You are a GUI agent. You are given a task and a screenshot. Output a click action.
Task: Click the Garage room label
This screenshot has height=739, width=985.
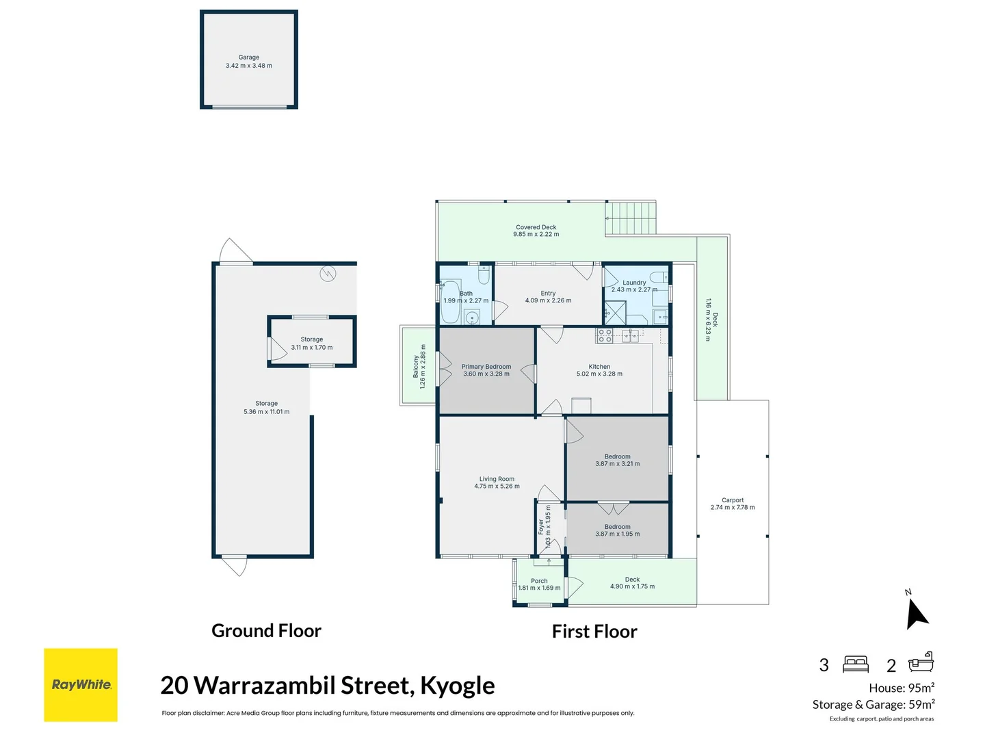pos(249,57)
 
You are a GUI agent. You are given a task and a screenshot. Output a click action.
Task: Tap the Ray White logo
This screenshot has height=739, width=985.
pos(81,684)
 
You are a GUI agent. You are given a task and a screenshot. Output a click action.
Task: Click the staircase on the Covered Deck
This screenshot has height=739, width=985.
pos(631,218)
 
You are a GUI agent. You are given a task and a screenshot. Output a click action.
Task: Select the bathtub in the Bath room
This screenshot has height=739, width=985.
pos(450,302)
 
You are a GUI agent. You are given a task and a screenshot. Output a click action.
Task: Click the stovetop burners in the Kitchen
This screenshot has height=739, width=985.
pos(605,335)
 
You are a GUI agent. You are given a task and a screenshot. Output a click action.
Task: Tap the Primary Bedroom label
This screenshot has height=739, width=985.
pos(486,367)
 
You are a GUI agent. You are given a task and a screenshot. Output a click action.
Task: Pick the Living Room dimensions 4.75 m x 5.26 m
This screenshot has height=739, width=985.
pos(497,487)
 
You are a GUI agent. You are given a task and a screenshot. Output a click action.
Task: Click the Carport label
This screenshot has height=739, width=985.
pos(732,500)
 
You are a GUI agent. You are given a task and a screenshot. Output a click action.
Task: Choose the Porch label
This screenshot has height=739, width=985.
pos(539,581)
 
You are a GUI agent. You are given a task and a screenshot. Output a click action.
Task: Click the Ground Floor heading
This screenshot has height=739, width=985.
pos(266,631)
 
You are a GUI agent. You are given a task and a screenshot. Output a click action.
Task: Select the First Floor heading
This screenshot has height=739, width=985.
pos(594,632)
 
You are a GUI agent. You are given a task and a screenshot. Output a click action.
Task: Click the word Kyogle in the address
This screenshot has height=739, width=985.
pos(457,686)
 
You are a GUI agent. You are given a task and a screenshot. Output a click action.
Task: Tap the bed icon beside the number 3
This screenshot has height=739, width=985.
pos(855,664)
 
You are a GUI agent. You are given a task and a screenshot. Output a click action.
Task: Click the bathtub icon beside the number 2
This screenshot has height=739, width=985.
pos(921,662)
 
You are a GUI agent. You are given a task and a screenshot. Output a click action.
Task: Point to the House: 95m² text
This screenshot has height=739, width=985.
pos(901,688)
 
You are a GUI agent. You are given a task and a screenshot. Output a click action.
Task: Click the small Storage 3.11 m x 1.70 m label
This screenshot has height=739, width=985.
pos(312,343)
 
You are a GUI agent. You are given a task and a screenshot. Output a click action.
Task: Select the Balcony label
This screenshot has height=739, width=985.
pos(416,367)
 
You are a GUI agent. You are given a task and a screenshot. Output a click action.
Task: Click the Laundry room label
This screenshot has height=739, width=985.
pos(634,283)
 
